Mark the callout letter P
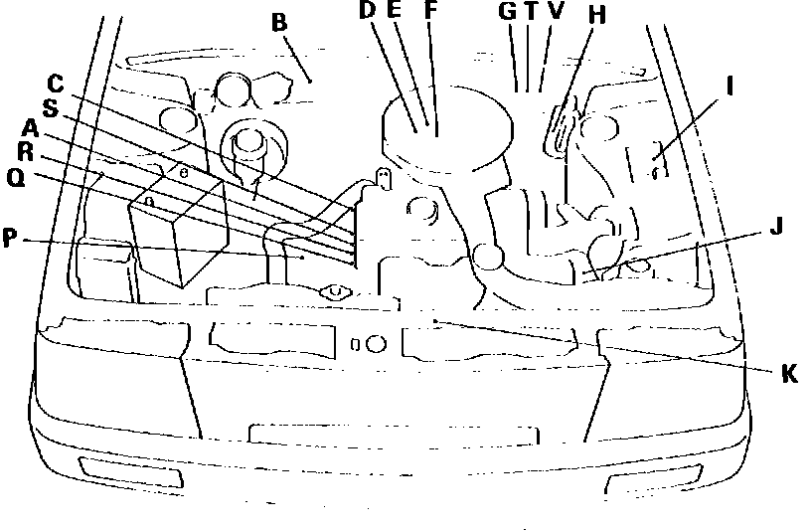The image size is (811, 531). click(11, 240)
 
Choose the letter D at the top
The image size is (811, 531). click(367, 11)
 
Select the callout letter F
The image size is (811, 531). click(430, 11)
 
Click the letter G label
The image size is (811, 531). click(508, 11)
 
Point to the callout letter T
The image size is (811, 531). click(531, 11)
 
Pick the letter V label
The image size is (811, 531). click(555, 11)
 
